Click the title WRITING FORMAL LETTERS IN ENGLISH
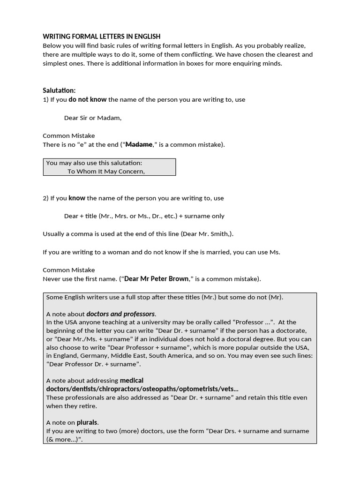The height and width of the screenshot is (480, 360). tap(101, 36)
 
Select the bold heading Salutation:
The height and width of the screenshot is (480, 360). tap(59, 90)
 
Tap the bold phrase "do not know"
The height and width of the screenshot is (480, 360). tap(88, 99)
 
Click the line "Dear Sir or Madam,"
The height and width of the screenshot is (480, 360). tap(93, 118)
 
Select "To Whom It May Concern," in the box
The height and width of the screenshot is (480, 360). tap(106, 171)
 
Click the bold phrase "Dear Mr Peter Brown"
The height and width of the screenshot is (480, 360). tap(157, 279)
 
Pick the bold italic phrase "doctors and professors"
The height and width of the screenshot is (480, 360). tap(120, 314)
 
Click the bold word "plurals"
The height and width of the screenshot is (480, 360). tap(87, 422)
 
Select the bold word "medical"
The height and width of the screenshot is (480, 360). tap(131, 380)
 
